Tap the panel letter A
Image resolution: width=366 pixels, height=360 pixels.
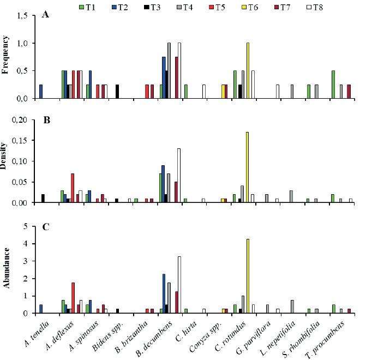46,15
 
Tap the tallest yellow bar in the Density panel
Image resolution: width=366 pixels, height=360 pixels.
248,167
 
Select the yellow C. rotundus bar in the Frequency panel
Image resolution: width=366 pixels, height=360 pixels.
248,71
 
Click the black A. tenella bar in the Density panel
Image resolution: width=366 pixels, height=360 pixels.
43,199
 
